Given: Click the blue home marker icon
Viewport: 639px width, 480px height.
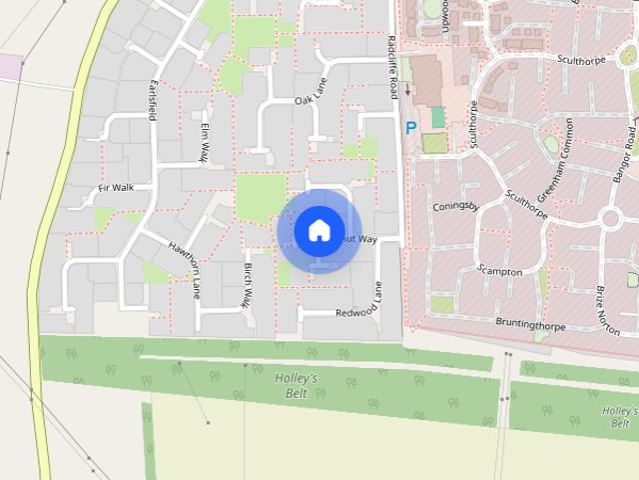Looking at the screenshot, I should tap(318, 231).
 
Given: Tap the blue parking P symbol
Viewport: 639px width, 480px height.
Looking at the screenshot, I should tap(410, 128).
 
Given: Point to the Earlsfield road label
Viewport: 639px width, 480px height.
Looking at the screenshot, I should tap(154, 102).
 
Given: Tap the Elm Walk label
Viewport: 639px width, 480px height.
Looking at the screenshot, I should tap(204, 143).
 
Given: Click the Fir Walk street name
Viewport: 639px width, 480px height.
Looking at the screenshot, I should tap(115, 187).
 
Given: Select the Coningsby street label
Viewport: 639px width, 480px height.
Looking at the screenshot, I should tap(457, 208).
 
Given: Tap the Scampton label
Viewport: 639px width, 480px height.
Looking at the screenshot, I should tap(499, 271).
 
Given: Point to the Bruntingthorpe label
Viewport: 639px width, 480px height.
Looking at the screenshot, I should tap(537, 323).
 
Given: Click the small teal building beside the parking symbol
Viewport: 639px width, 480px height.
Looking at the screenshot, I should tap(437, 117).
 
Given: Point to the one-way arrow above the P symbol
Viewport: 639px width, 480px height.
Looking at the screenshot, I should tap(407, 91).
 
